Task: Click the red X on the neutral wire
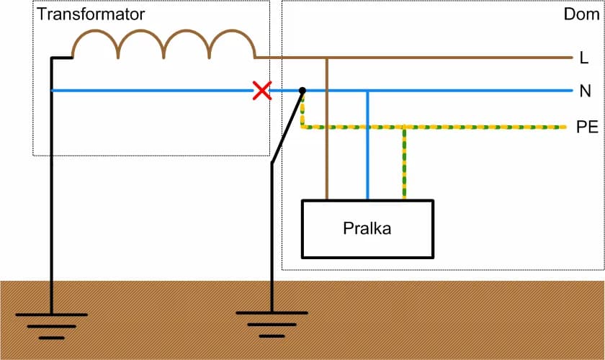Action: pos(261,91)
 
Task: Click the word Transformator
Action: pos(91,14)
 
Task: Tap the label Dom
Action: pos(581,14)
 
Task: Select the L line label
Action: pos(584,57)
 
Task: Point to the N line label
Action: pos(585,91)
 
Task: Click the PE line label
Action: pos(587,127)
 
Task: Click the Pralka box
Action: pos(367,229)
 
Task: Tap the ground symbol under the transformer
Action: pos(51,321)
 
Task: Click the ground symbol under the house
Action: pos(272,320)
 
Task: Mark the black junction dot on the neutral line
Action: pos(302,91)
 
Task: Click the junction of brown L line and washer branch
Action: pos(327,57)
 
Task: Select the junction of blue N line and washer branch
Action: pos(367,91)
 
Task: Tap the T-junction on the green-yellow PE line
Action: pos(404,127)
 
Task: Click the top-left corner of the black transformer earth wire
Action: pos(52,58)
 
